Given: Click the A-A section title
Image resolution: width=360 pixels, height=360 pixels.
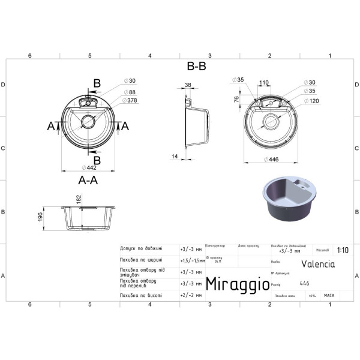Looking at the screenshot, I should pos(88,179).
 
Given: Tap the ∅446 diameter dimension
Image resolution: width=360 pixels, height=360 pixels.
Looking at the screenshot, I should pos(274,160).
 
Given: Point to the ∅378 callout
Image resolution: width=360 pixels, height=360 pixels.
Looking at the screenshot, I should pos(131,100).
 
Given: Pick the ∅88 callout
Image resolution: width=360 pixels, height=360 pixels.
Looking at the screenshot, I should pos(130,91).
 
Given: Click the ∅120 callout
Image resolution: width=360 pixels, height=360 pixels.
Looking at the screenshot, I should pos(312,101).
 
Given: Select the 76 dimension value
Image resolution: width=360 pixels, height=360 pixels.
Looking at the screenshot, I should pos(236,98).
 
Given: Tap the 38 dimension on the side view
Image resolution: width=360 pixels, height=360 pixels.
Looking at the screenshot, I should pos(187,85).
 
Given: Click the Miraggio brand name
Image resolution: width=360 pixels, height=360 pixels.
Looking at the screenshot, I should pos(238,283).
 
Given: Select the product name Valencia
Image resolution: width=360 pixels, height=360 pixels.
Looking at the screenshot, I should pos(317,263).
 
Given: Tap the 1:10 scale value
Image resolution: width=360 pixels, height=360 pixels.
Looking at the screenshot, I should pos(343,251).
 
